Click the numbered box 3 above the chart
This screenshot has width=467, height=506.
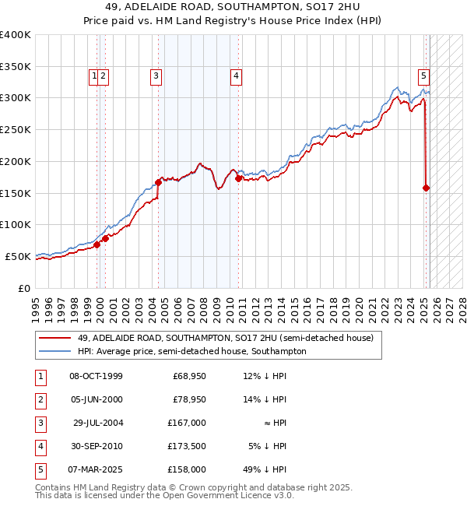point(156,76)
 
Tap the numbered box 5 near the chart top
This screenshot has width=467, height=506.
point(423,76)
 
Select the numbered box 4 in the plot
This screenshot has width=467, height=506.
point(235,76)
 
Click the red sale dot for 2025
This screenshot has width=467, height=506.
point(427,188)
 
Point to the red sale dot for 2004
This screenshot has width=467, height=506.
point(158,182)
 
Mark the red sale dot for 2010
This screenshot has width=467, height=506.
point(238,178)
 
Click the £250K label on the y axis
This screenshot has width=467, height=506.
point(16,130)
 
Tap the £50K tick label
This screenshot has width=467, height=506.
point(19,256)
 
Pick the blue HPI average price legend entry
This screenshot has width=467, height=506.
point(191,351)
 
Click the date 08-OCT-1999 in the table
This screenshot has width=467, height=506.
point(96,376)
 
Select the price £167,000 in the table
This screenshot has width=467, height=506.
point(187,423)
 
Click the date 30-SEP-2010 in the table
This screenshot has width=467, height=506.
point(96,446)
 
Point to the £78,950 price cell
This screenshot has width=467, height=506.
point(189,399)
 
